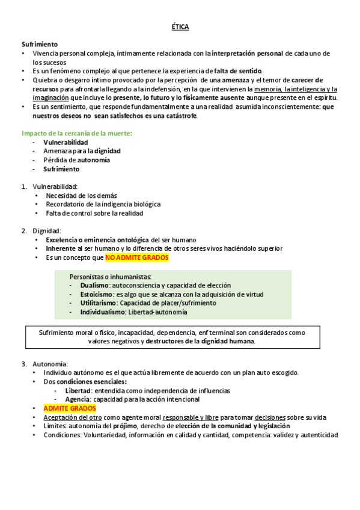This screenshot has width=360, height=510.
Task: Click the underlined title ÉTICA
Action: tap(180, 27)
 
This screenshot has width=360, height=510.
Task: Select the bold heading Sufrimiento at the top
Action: tap(40, 45)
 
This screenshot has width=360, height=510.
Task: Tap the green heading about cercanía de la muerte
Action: tap(77, 133)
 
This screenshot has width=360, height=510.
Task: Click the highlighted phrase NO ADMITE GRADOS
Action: tap(137, 258)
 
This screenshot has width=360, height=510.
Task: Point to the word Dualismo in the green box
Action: tap(94, 285)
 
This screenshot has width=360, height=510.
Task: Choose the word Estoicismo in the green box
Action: tap(97, 294)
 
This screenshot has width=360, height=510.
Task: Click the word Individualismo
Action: tap(102, 312)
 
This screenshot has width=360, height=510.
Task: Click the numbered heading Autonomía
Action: tap(50, 364)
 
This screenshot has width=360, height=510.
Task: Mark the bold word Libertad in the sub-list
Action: tap(78, 390)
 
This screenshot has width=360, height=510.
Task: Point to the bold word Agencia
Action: tap(77, 399)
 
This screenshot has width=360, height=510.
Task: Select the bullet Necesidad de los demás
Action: tap(81, 195)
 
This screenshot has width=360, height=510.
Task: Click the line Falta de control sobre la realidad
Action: tap(94, 213)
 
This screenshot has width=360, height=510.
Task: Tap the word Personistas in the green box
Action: tap(87, 276)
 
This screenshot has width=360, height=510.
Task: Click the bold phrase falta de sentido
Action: tap(237, 71)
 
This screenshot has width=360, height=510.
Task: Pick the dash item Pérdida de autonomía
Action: tap(76, 160)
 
